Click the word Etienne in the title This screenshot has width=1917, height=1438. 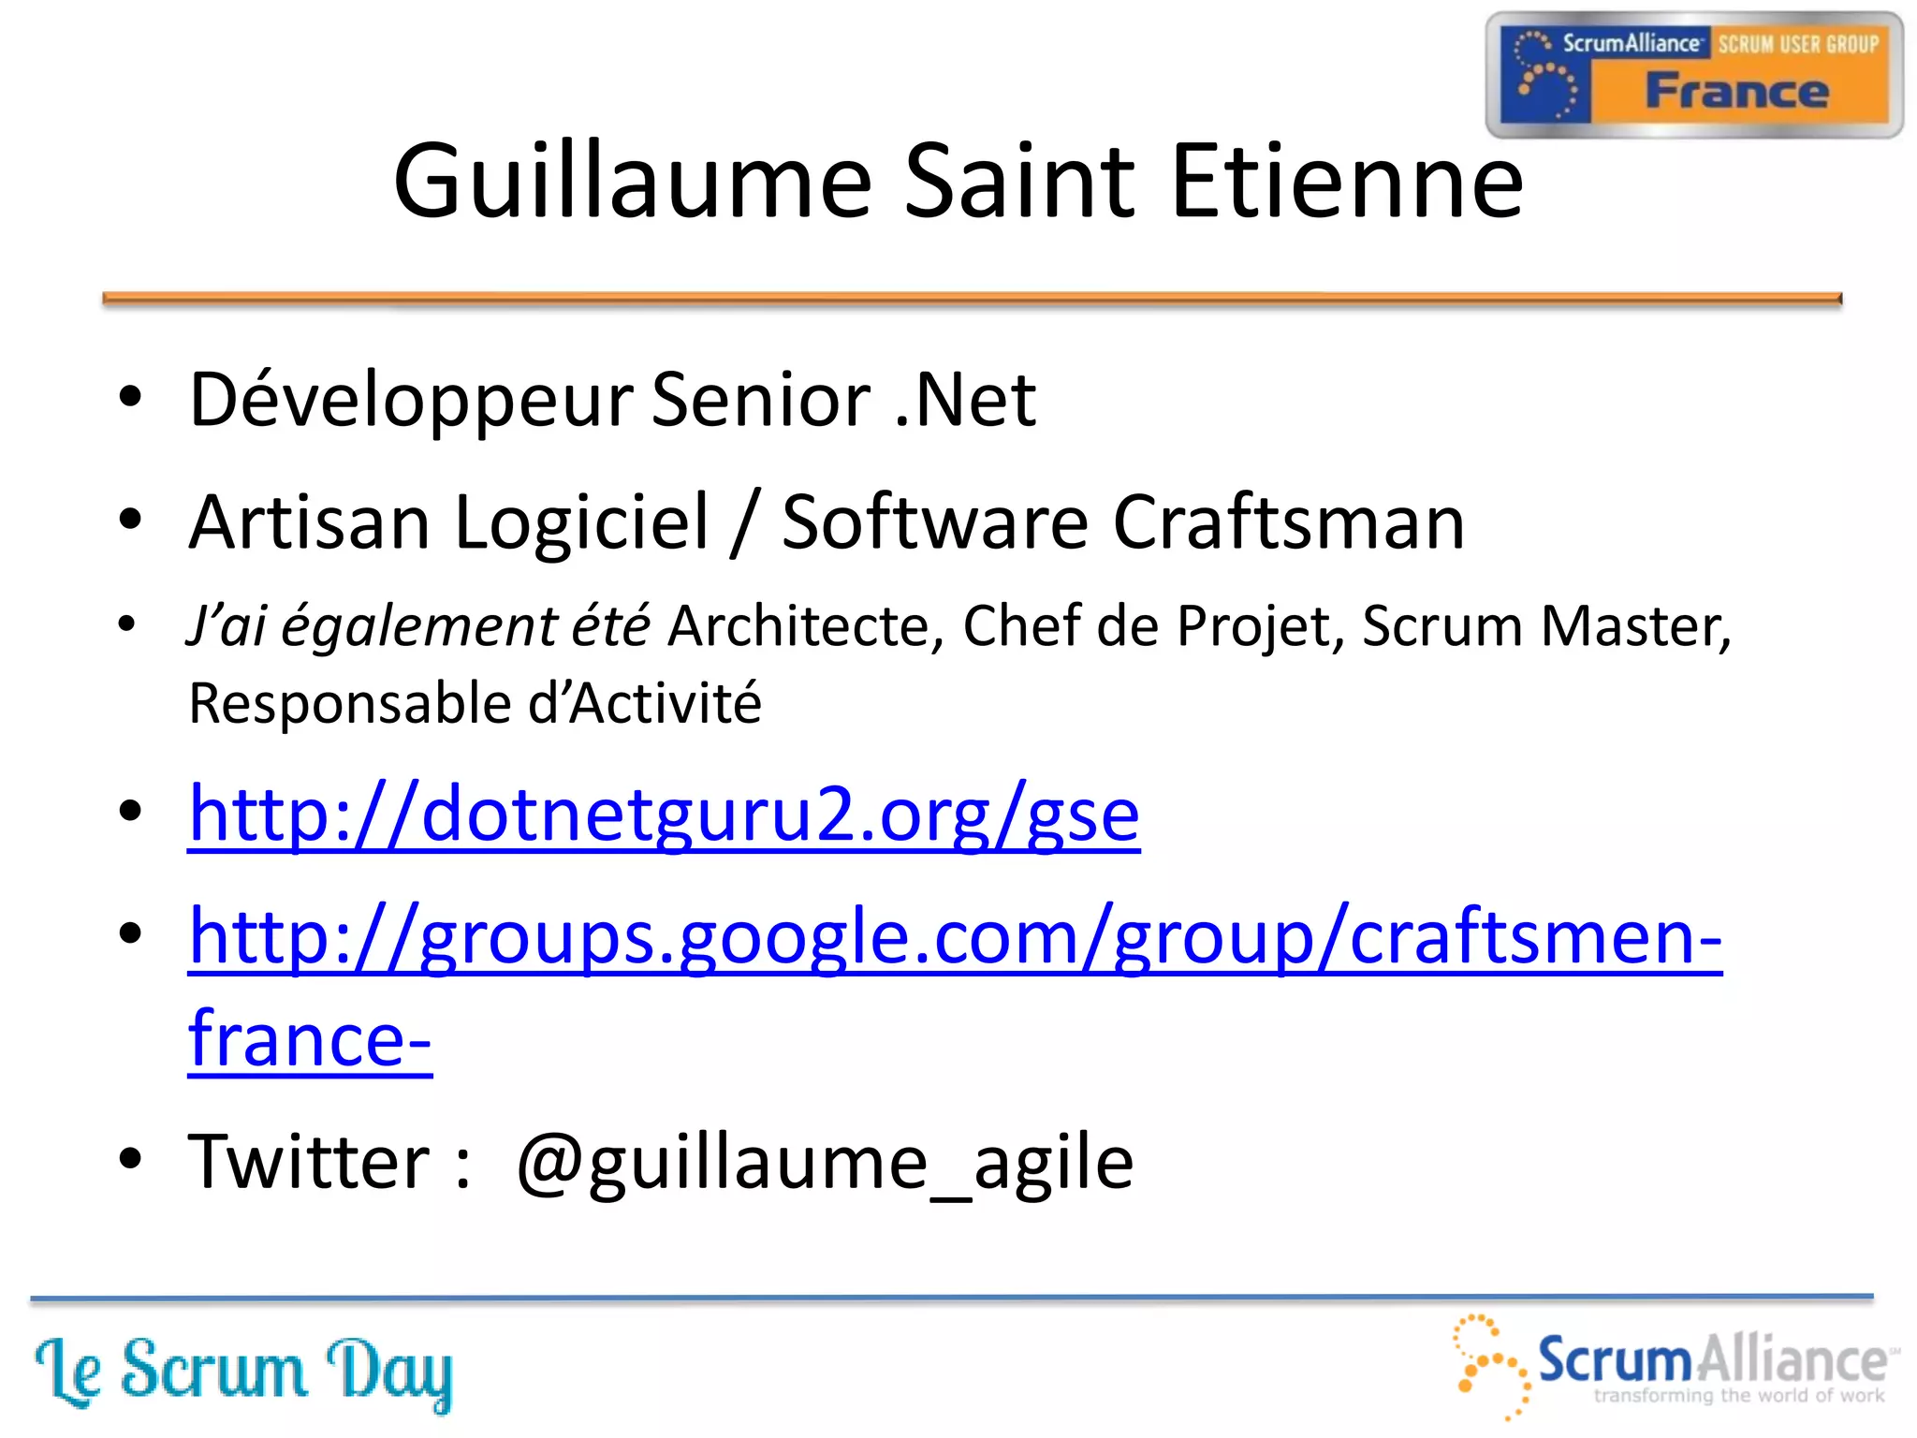(x=1347, y=182)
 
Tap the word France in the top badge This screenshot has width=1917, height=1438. (x=1736, y=92)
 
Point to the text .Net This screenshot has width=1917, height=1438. (x=965, y=401)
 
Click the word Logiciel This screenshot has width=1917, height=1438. (x=581, y=522)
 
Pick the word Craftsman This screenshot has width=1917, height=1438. (x=1289, y=522)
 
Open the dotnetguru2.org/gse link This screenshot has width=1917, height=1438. (x=664, y=814)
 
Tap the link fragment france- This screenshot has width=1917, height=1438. (x=310, y=1039)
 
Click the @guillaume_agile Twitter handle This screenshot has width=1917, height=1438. (x=825, y=1162)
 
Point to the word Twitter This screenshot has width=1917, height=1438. (x=309, y=1162)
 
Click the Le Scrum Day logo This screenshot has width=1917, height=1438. (x=243, y=1372)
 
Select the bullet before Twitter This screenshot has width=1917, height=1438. (x=130, y=1159)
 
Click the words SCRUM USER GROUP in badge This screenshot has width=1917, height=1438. (x=1798, y=44)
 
